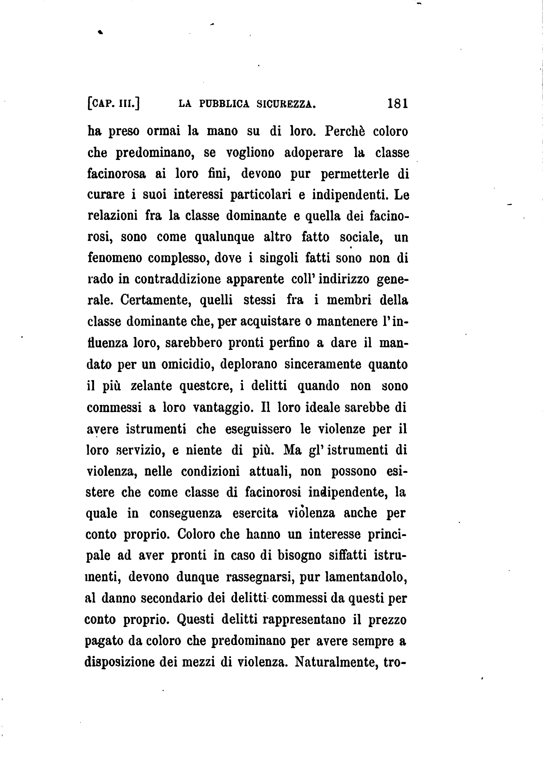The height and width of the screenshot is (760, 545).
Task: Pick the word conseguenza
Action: coord(185,513)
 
